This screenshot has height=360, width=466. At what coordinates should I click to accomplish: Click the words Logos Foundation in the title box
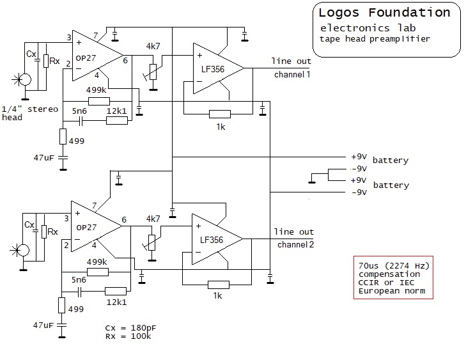point(384,13)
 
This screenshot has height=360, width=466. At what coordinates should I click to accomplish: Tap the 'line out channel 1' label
point(291,68)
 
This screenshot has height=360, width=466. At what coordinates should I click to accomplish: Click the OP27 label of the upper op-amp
point(86,58)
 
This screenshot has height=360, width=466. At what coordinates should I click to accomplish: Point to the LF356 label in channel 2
point(212,240)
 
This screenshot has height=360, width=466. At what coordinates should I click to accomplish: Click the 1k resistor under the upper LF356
point(220,114)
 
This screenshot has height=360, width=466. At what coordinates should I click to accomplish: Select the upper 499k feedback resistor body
point(99,102)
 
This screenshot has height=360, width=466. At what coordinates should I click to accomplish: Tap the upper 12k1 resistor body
point(117,120)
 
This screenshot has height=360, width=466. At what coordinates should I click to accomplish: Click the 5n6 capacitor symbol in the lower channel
point(79,292)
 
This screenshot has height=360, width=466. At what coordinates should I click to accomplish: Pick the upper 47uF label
point(44,157)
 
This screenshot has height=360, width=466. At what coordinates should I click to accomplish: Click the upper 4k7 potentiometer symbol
point(153,72)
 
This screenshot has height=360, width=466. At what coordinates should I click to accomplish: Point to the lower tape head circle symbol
point(24,250)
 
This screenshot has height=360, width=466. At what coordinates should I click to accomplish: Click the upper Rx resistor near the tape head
point(46,61)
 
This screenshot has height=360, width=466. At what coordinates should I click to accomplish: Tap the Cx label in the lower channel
point(29,224)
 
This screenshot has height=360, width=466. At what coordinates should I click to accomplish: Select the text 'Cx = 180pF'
point(130,328)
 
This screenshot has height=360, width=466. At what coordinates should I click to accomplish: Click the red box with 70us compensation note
point(393,278)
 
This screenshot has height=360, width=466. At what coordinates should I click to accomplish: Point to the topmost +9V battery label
point(359,157)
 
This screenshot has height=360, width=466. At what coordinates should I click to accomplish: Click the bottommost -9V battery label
point(359,192)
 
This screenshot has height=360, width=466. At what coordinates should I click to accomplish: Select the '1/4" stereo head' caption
point(29,113)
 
